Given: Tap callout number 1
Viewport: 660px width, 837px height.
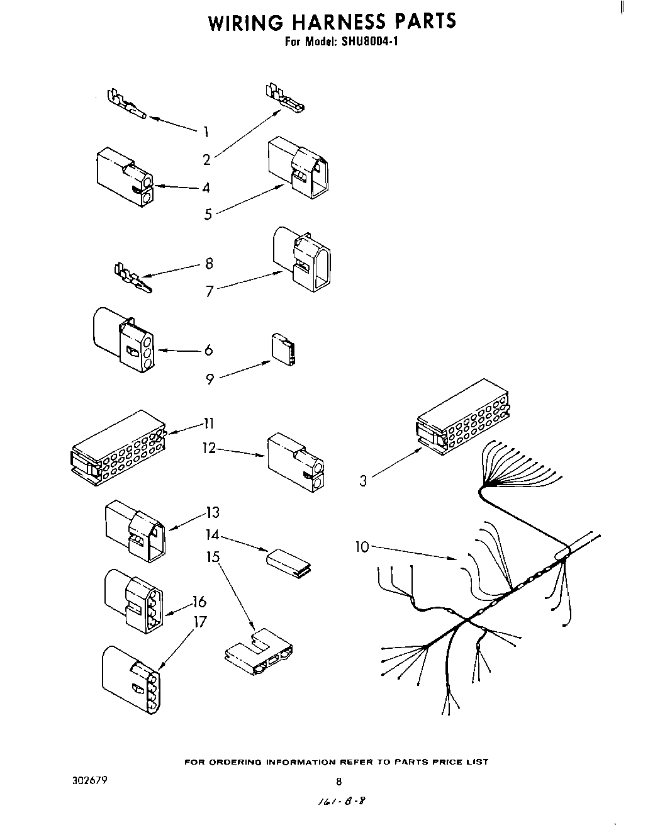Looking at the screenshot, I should point(205,132).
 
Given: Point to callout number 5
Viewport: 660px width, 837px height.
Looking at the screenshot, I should point(208,215).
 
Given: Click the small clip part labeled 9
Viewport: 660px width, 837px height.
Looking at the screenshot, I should point(283,349).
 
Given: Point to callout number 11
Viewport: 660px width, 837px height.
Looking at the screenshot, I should point(208,423).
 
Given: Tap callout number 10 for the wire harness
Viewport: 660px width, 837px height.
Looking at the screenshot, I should point(362,547).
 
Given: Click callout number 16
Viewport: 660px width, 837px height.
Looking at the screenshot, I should point(199,602).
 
